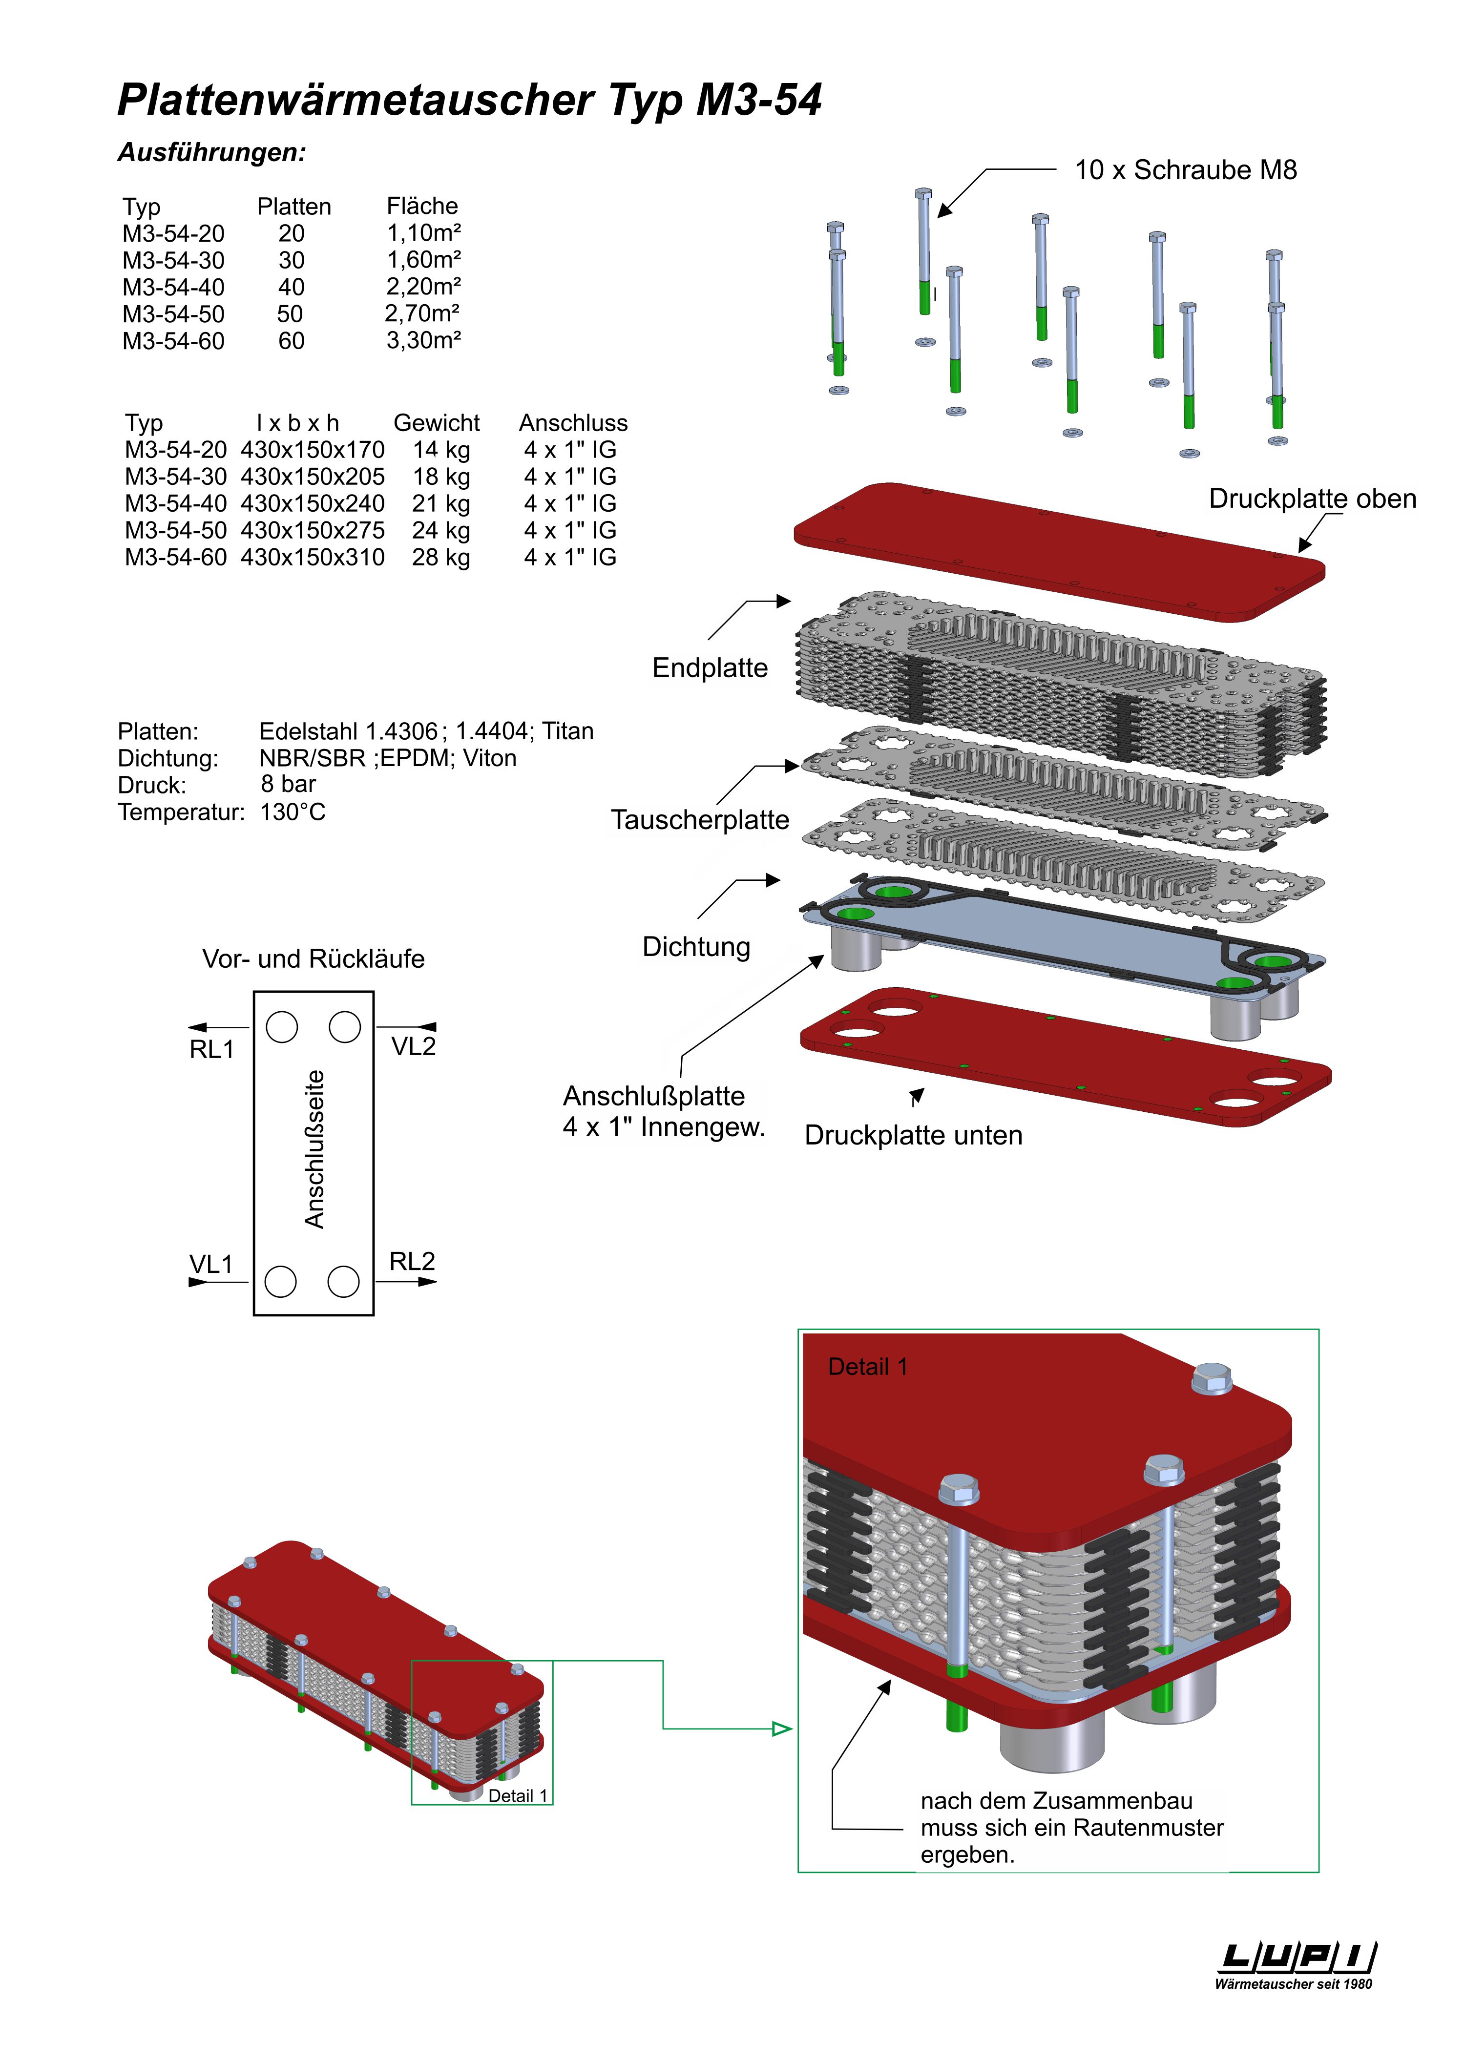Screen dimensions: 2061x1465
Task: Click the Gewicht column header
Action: [x=437, y=423]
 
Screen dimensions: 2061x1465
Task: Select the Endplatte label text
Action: [x=710, y=668]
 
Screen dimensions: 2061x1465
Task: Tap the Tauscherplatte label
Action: [x=700, y=820]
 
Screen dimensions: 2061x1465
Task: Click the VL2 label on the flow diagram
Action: [x=413, y=1046]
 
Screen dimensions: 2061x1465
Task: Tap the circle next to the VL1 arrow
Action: [x=281, y=1281]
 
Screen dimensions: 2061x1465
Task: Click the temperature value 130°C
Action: [x=293, y=812]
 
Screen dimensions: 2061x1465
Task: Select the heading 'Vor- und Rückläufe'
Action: [x=313, y=959]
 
